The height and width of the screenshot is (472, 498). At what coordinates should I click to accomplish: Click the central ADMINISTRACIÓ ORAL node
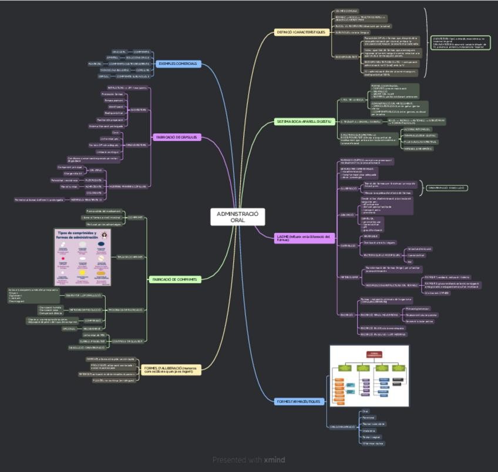tap(237, 217)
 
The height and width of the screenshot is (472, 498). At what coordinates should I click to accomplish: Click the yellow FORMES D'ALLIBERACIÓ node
tap(171, 369)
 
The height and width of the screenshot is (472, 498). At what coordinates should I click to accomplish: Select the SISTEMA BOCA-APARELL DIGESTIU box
tap(305, 122)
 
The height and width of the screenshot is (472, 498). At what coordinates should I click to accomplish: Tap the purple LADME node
tap(305, 237)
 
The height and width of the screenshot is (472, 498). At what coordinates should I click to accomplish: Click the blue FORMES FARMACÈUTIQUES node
tap(299, 401)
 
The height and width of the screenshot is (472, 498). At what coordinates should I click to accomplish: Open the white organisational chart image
tap(369, 376)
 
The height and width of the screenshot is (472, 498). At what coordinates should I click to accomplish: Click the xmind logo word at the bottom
tap(274, 460)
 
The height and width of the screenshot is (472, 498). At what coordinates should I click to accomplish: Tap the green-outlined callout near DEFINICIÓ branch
tap(461, 43)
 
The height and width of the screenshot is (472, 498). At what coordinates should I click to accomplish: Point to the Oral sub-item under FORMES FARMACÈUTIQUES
tap(365, 411)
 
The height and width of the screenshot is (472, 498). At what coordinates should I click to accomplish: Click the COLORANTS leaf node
tap(94, 193)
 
